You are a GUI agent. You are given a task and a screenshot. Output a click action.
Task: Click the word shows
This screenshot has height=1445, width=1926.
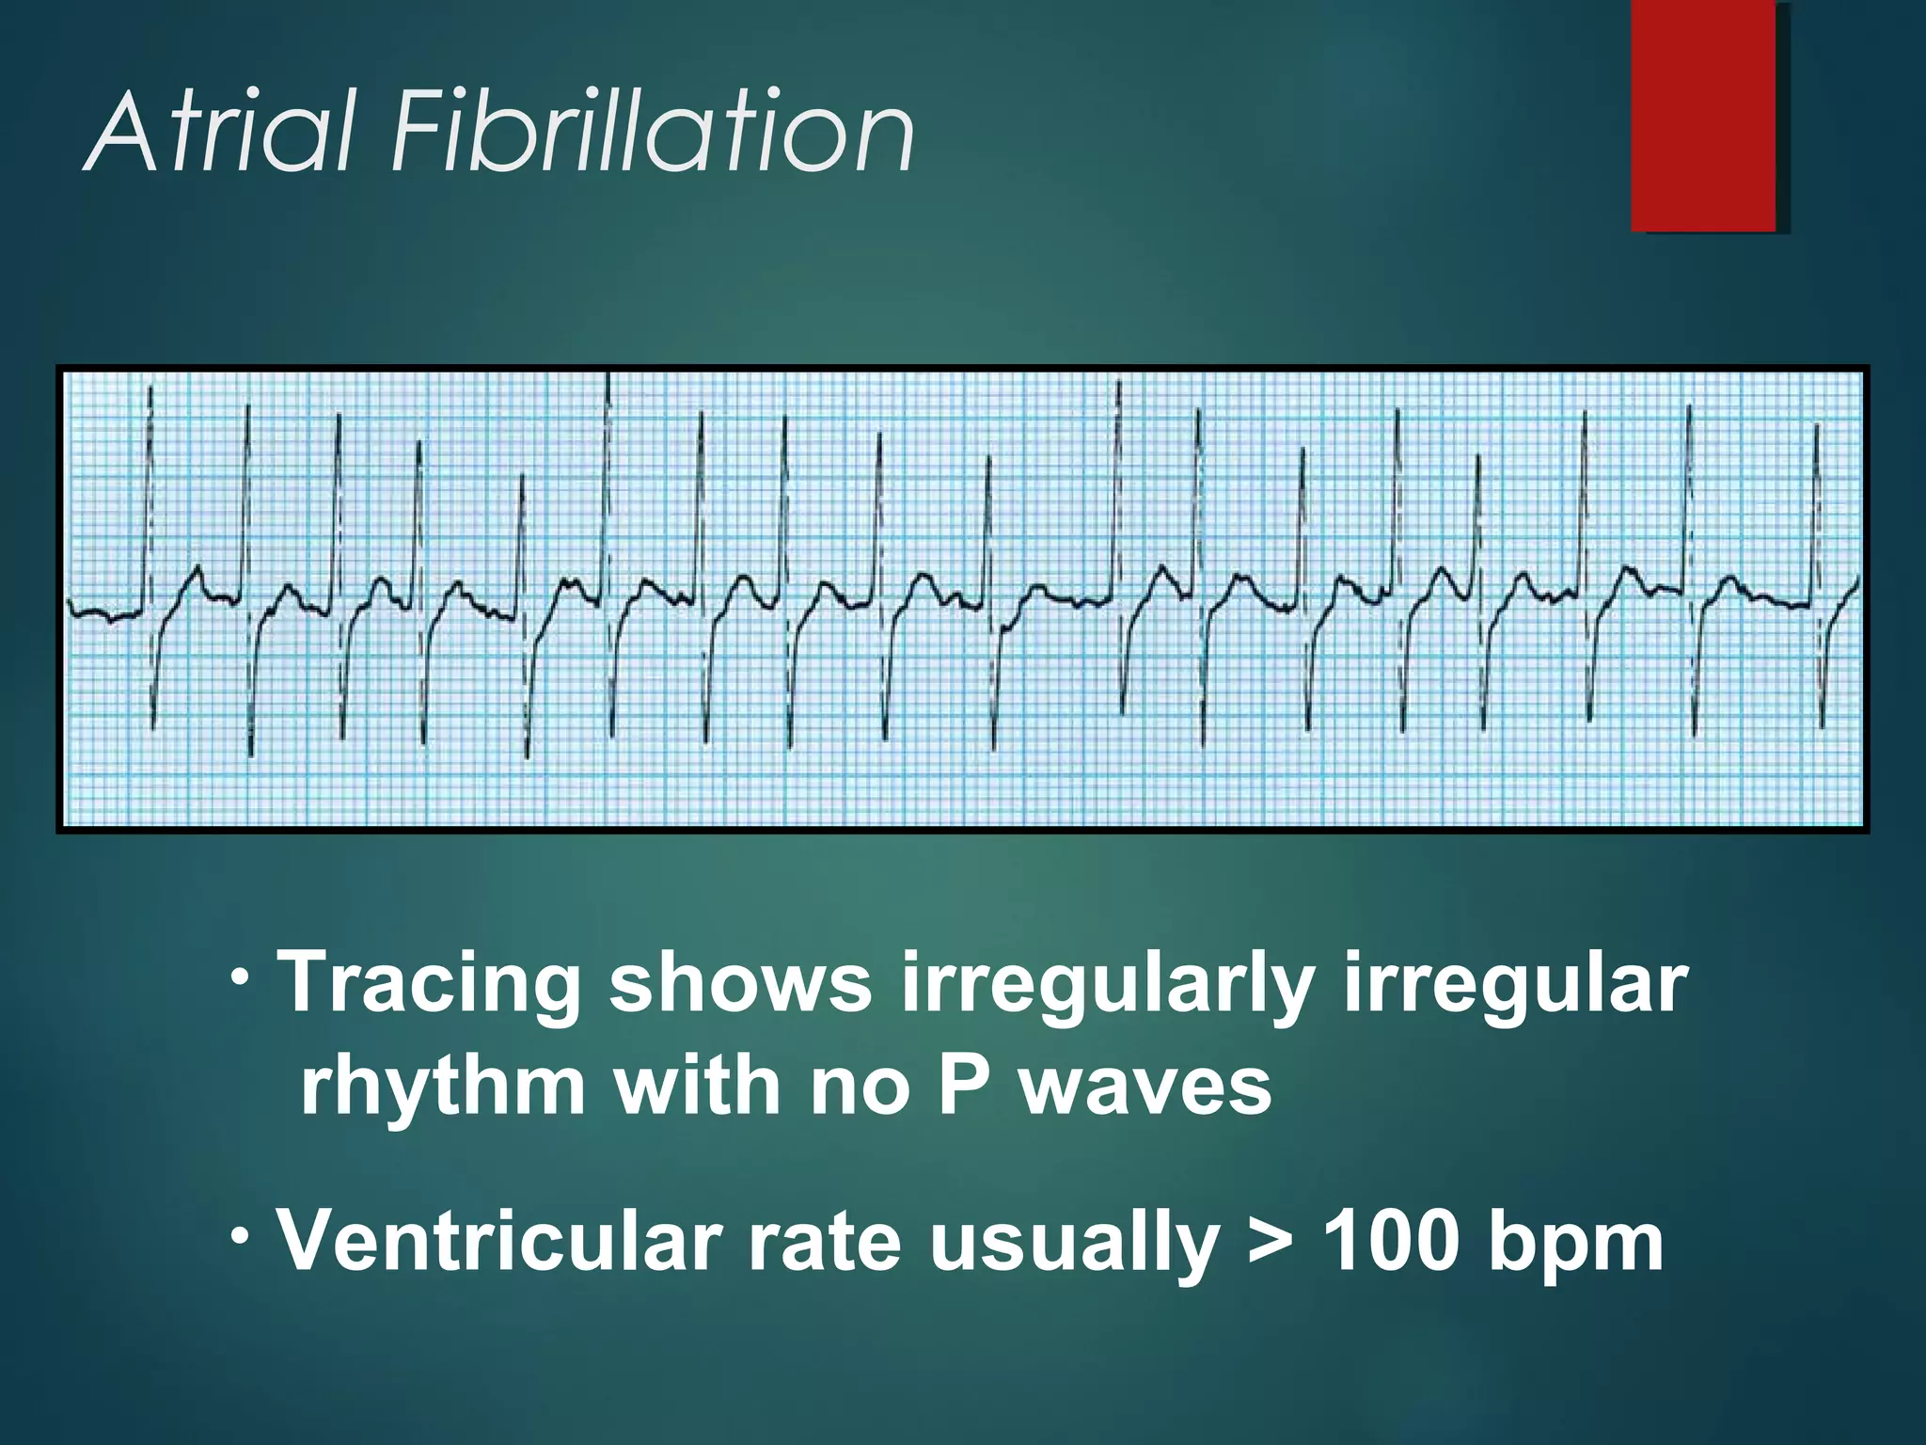tap(740, 984)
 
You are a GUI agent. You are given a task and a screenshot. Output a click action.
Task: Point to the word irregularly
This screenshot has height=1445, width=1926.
tap(1106, 984)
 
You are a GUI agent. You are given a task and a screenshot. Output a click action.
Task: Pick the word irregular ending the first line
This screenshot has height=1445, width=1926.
tap(1514, 984)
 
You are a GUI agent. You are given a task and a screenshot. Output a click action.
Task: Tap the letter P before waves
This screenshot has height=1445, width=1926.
tap(963, 1086)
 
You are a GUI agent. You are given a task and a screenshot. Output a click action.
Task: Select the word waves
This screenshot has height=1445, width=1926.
tap(1146, 1088)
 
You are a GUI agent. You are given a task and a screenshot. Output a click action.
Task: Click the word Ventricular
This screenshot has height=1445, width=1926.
tap(498, 1242)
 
